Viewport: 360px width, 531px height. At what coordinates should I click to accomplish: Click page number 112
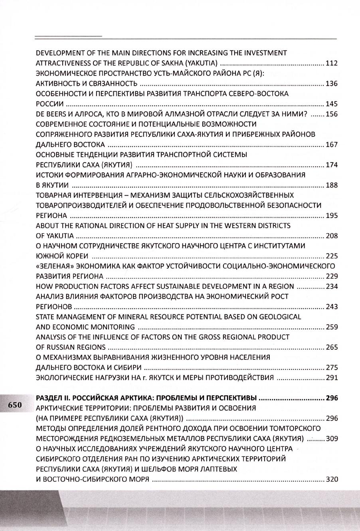click(x=332, y=63)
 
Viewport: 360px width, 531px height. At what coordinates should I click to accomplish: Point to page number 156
click(x=332, y=114)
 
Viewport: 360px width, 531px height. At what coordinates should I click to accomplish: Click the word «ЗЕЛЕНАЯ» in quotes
click(x=53, y=266)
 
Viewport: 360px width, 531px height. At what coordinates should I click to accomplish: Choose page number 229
click(x=332, y=276)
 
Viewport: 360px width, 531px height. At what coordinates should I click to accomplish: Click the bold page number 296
click(x=332, y=398)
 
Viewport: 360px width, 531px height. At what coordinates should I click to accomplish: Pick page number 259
click(x=332, y=327)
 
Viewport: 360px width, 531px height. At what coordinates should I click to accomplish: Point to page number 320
click(x=332, y=479)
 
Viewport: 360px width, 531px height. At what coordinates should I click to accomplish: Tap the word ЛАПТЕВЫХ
click(x=220, y=470)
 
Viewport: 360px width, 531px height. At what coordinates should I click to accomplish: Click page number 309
click(x=332, y=439)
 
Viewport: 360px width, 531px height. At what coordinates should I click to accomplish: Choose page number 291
click(x=332, y=378)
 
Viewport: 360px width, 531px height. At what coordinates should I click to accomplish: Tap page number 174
click(x=332, y=165)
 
